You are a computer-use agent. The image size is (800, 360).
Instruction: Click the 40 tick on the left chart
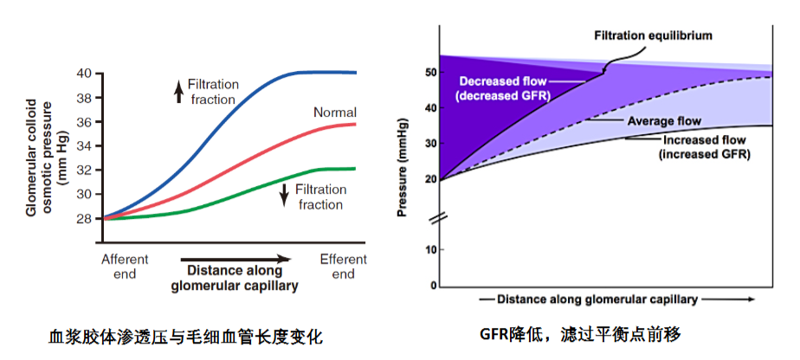coord(86,74)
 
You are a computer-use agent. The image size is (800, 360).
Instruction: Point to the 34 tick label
coord(86,146)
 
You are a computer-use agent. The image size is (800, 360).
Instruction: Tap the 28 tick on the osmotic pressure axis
coord(86,219)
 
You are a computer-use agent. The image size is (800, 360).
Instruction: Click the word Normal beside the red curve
coord(335,112)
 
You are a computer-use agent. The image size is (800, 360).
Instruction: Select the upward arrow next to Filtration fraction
coord(178,93)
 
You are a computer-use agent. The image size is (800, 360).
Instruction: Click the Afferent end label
coord(125,267)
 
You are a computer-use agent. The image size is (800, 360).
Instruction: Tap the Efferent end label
coord(344,267)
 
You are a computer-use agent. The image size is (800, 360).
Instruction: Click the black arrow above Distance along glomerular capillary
coord(235,259)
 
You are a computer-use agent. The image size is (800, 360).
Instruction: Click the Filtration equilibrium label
coord(653,35)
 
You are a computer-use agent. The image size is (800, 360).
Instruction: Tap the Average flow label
coord(663,121)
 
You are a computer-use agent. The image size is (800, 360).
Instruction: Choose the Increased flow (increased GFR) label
coord(705,147)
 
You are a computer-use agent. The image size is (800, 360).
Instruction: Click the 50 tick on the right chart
coord(431,72)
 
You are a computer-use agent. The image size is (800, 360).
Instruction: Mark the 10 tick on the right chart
coord(431,250)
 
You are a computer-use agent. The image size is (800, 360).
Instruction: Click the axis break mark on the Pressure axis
coord(439,219)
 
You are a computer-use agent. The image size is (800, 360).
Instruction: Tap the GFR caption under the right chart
coord(581,335)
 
